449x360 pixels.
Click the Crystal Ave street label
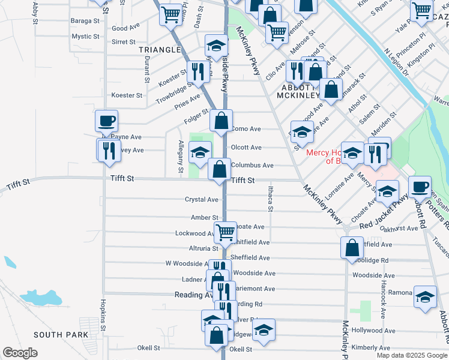tap(202, 199)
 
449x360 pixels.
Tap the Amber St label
tap(205, 217)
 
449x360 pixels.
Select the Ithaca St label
tap(270, 198)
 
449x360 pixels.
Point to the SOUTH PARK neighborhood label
tap(61, 335)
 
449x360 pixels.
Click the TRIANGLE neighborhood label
tap(160, 49)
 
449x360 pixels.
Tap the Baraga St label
tap(86, 20)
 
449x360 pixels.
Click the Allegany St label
tap(181, 156)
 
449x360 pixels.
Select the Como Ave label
tap(246, 129)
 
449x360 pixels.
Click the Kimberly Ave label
tap(371, 347)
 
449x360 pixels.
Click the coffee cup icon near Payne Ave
tap(106, 121)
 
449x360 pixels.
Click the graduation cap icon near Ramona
tap(425, 297)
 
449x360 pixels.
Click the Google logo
tap(20, 353)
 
